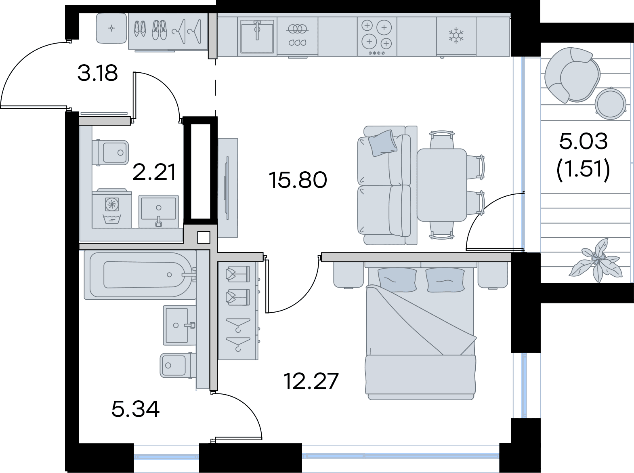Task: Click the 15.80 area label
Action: [298, 180]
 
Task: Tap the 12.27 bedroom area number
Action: [311, 381]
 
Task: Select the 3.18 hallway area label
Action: [98, 73]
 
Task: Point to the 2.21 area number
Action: [154, 172]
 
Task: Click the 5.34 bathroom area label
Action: [135, 409]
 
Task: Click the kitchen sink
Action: [257, 36]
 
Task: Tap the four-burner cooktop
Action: [377, 36]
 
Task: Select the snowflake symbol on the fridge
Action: [456, 36]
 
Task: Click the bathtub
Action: [140, 275]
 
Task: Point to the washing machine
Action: [112, 208]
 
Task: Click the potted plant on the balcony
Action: [596, 261]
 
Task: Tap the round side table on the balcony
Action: [610, 103]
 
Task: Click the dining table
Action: [442, 185]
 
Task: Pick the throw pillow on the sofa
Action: [383, 143]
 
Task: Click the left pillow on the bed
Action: [397, 280]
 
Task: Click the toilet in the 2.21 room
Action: [110, 153]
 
